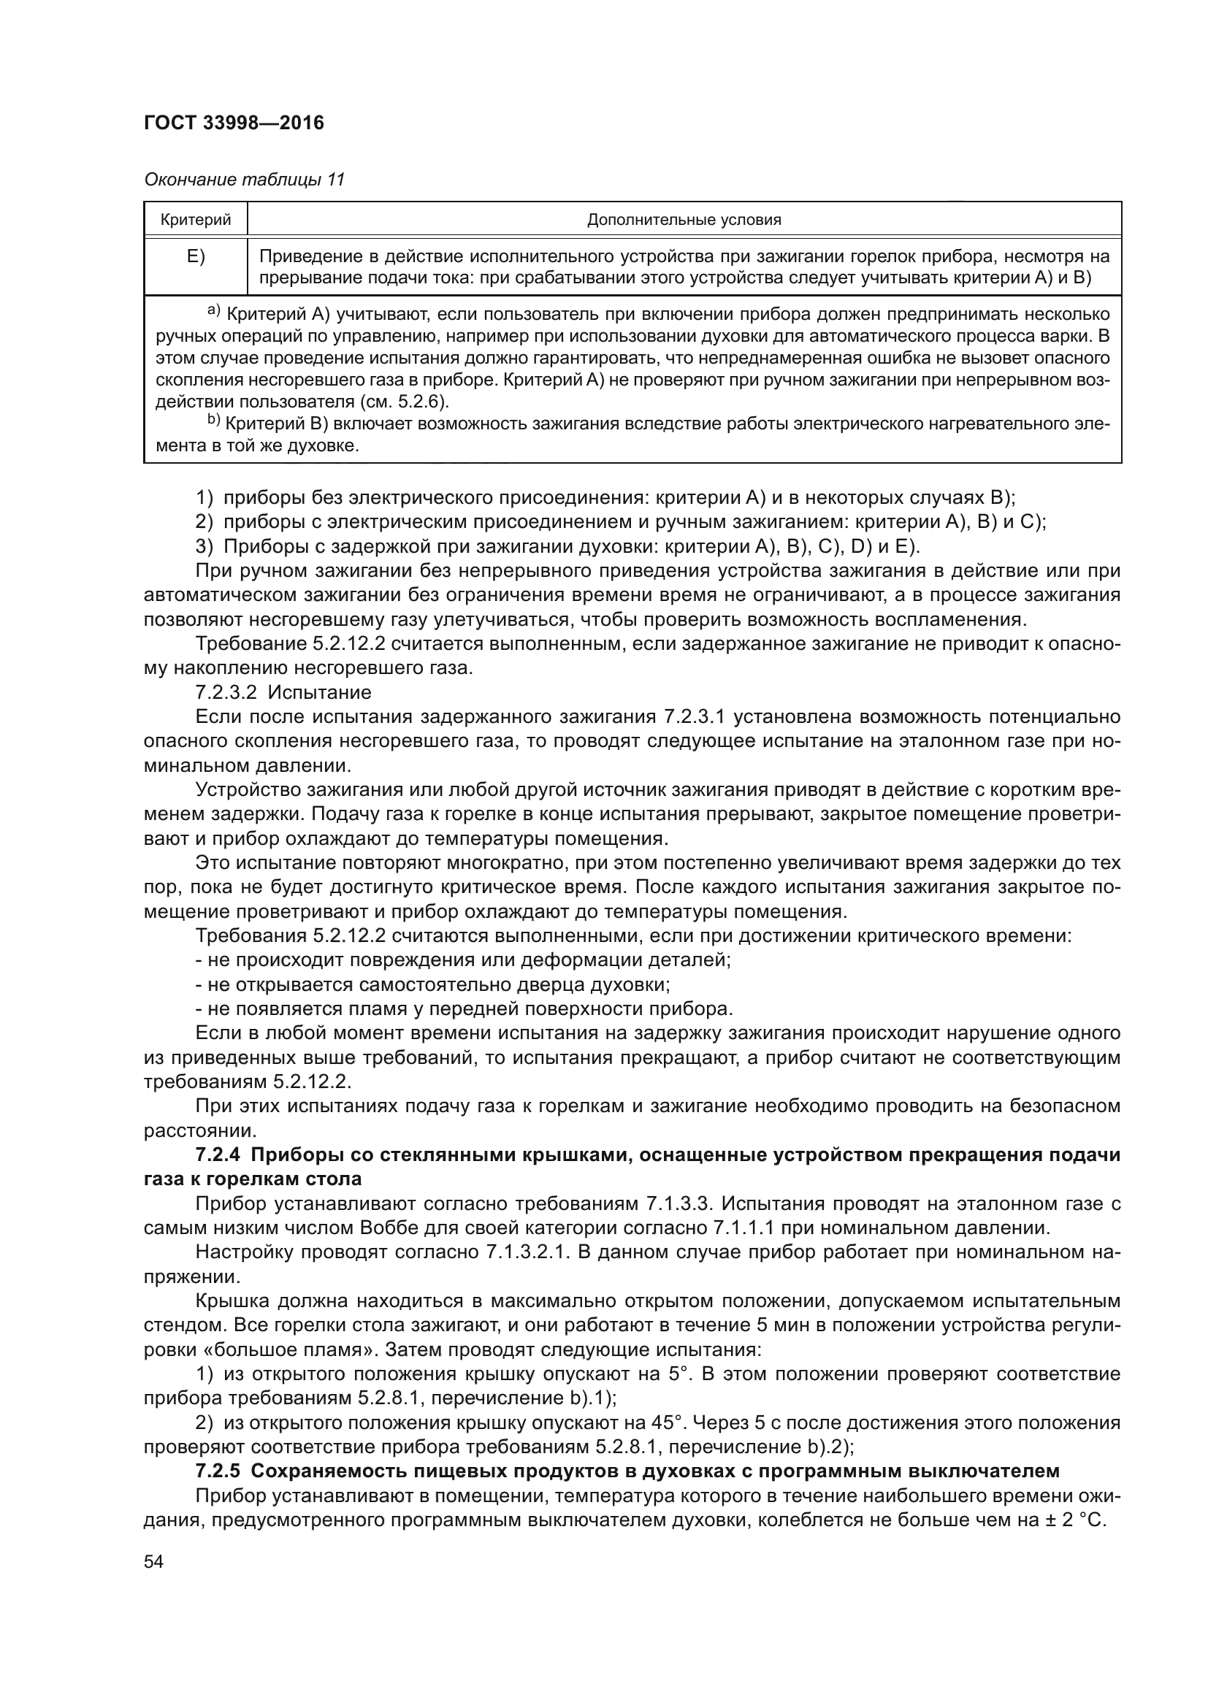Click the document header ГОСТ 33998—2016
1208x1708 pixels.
[x=234, y=123]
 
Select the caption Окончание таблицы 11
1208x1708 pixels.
[x=244, y=180]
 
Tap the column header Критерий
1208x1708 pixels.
[x=196, y=220]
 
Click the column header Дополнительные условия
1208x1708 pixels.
[x=684, y=220]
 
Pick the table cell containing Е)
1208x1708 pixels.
[x=196, y=257]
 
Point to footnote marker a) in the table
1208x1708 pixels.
[x=213, y=310]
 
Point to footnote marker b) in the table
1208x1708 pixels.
[x=213, y=421]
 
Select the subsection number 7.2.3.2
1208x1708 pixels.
[x=226, y=692]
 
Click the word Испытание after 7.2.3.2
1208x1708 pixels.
[x=319, y=692]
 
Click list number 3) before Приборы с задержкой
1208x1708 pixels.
[x=204, y=547]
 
